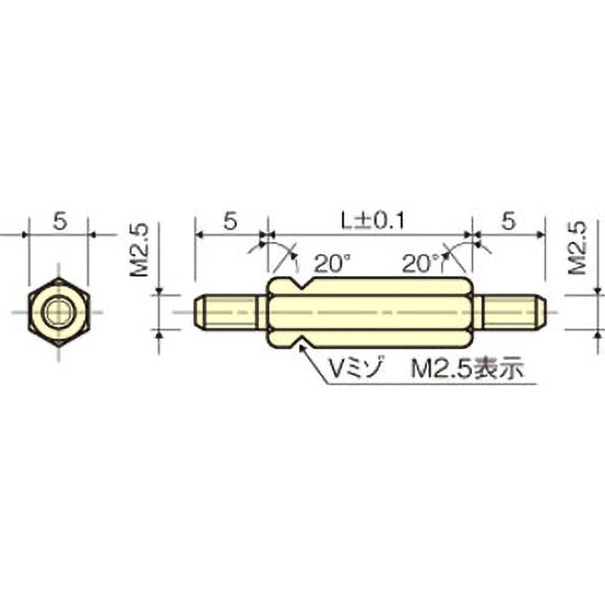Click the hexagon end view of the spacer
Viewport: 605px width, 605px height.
[58, 312]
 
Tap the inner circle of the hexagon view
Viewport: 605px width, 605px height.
[58, 312]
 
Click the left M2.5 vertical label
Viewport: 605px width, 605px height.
[141, 250]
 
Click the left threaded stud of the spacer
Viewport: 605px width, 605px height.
[229, 312]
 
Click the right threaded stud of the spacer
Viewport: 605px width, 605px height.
[510, 312]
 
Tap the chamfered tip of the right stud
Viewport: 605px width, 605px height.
[541, 312]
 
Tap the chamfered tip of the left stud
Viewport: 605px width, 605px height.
[199, 312]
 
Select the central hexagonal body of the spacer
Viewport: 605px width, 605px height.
[371, 312]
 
